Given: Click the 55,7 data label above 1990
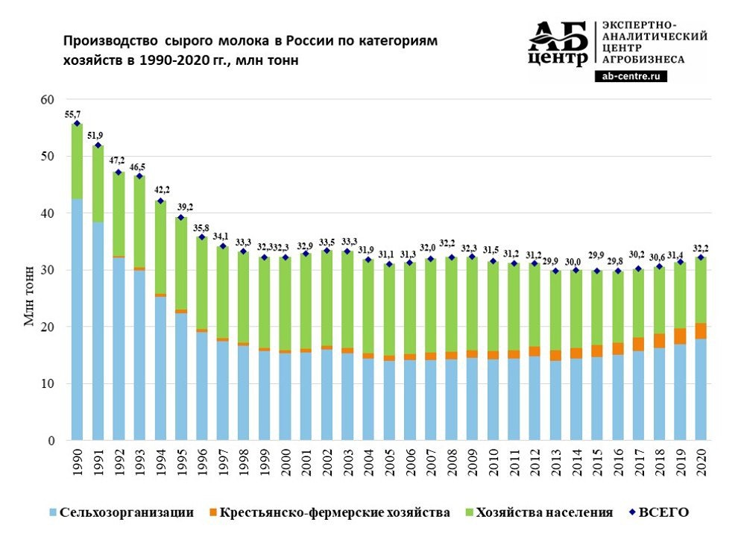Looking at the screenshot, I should pos(73,114).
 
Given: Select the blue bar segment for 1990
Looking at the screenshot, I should pos(77,321).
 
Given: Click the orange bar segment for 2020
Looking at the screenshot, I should pos(701,330).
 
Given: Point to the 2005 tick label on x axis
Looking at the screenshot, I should pos(389,466).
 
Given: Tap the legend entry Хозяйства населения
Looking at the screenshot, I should pos(543,512).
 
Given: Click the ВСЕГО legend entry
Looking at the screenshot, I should pos(666,512).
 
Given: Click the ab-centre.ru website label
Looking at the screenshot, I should pos(631,76).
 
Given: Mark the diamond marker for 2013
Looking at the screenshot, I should pos(555,271).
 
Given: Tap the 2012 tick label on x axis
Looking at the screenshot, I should pos(534,466).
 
